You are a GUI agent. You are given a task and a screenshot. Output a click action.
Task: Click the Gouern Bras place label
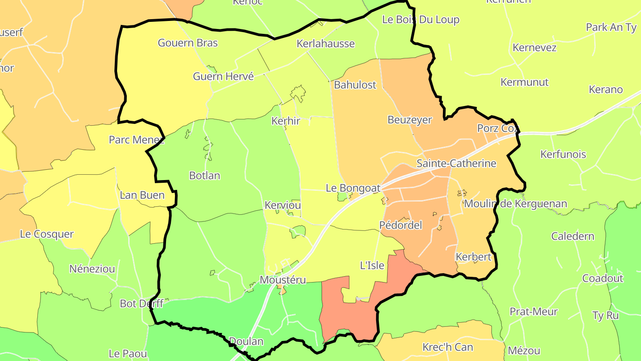[x=188, y=43]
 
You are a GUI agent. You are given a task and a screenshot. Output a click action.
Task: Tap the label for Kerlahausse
[x=326, y=44]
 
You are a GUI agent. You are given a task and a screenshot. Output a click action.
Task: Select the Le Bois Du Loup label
[x=421, y=20]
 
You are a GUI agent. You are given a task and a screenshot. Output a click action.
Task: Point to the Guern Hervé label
[x=223, y=76]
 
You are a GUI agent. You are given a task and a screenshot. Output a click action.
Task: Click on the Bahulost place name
[x=355, y=85]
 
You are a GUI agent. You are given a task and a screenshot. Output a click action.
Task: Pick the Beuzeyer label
[x=410, y=120]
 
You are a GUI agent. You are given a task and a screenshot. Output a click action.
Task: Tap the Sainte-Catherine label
[x=456, y=164]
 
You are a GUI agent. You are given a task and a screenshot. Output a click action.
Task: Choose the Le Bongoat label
[x=353, y=188]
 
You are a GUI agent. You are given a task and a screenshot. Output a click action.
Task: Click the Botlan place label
[x=205, y=176]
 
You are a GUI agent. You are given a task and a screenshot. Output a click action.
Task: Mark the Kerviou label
[x=283, y=205]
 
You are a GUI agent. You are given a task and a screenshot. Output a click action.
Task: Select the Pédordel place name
[x=401, y=225]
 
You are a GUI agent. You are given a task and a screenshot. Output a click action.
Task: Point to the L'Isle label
[x=372, y=265]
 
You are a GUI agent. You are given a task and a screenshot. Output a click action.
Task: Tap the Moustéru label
[x=283, y=280]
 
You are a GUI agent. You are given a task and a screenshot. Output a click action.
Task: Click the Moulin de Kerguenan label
[x=515, y=204]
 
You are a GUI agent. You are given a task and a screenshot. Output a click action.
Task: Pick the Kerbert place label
[x=473, y=257]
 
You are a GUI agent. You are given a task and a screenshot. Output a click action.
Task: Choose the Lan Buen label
[x=142, y=195]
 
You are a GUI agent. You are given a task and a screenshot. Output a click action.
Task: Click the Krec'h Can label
[x=447, y=347]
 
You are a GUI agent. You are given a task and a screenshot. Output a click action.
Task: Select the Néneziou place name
[x=92, y=269]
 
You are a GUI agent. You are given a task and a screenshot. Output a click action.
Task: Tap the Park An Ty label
[x=611, y=27]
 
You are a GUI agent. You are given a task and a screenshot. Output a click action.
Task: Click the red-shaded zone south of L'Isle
[x=352, y=312]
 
